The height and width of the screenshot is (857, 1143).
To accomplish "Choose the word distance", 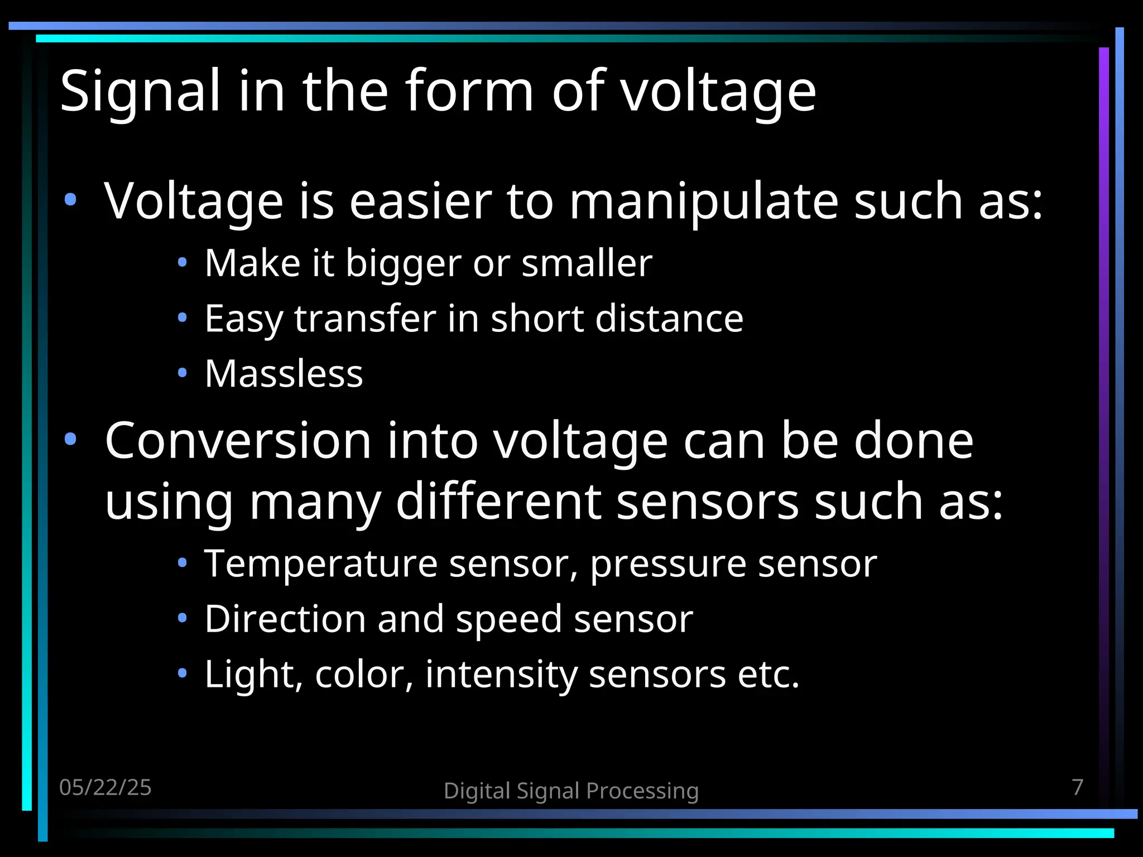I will click(669, 319).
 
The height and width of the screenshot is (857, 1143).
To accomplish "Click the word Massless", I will click(284, 373).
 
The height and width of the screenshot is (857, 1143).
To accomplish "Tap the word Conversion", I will click(238, 441).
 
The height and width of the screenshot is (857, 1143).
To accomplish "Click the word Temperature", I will click(320, 564).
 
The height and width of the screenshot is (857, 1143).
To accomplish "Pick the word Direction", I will click(285, 619).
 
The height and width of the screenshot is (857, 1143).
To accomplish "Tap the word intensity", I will click(501, 675).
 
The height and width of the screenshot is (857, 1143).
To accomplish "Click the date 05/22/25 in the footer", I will click(105, 787).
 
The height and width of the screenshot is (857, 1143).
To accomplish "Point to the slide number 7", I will click(1078, 787).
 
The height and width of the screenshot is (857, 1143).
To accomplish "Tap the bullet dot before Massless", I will click(182, 373).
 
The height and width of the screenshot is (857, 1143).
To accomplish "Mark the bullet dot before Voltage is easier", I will click(70, 200).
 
